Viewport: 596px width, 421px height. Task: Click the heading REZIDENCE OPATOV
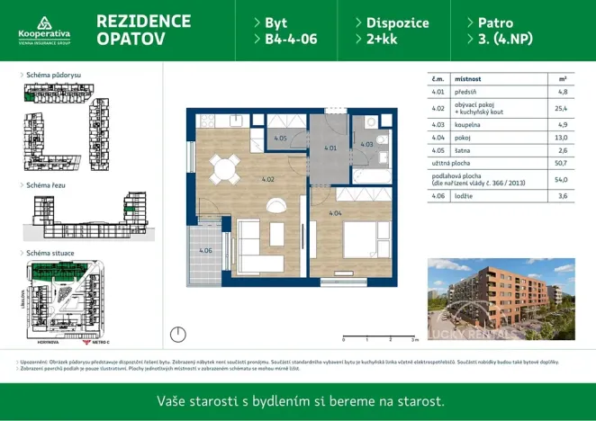[x=143, y=31]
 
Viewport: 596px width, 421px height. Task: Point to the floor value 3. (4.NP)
[x=498, y=40]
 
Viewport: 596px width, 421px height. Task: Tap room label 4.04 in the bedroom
[x=335, y=214]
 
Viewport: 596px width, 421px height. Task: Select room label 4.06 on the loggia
[x=205, y=250]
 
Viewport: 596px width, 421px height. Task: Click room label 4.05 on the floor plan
[x=280, y=139]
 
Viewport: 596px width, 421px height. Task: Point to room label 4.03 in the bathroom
[x=366, y=144]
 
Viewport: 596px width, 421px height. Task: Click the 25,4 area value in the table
[x=562, y=109]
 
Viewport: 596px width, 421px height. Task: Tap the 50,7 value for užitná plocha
[x=562, y=164]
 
